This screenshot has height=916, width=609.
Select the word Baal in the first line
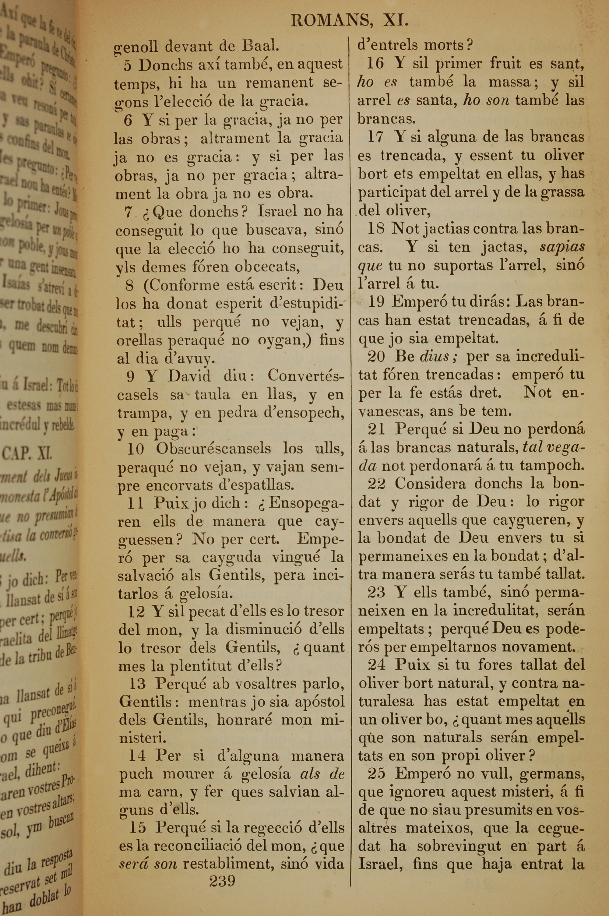click(260, 46)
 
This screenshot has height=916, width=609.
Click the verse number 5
click(128, 65)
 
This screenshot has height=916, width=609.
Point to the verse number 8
click(130, 286)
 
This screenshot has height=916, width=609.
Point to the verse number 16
click(375, 63)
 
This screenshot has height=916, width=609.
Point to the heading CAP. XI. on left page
click(27, 453)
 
